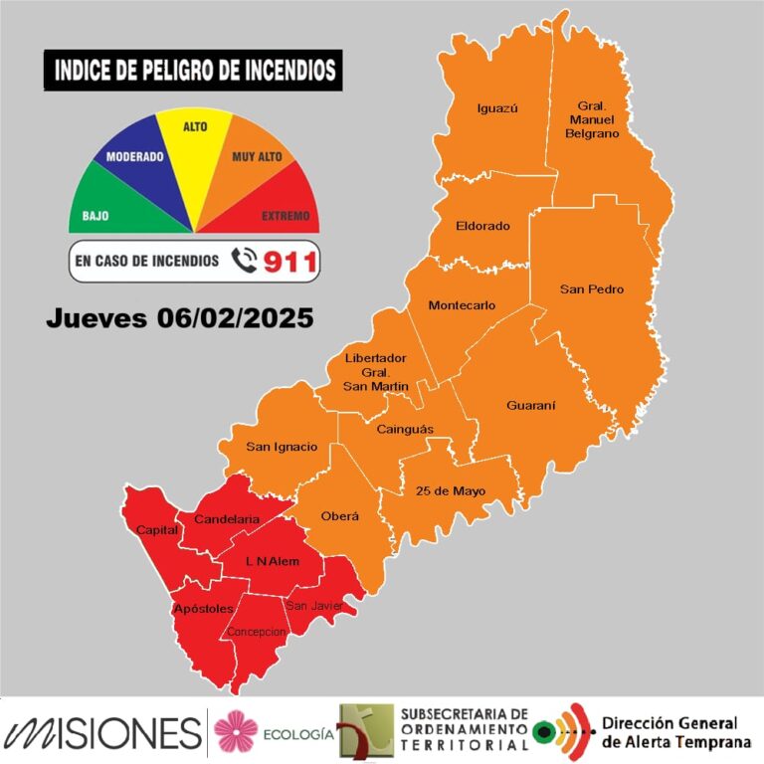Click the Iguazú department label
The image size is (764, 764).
498,108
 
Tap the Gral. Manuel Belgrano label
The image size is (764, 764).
599,118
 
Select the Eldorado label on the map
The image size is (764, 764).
482,226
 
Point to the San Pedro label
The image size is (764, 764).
592,289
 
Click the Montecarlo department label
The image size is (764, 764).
462,305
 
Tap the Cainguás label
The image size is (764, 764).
403,430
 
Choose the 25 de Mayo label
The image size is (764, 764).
444,491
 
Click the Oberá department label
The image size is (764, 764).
339,516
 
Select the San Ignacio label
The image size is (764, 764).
282,447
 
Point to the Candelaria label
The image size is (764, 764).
227,519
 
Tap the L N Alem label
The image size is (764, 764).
273,562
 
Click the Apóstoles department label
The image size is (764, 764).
203,608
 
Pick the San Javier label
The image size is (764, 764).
314,605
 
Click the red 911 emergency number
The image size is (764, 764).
289,262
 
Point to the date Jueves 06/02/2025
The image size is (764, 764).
180,318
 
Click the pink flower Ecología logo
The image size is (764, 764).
236,732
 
